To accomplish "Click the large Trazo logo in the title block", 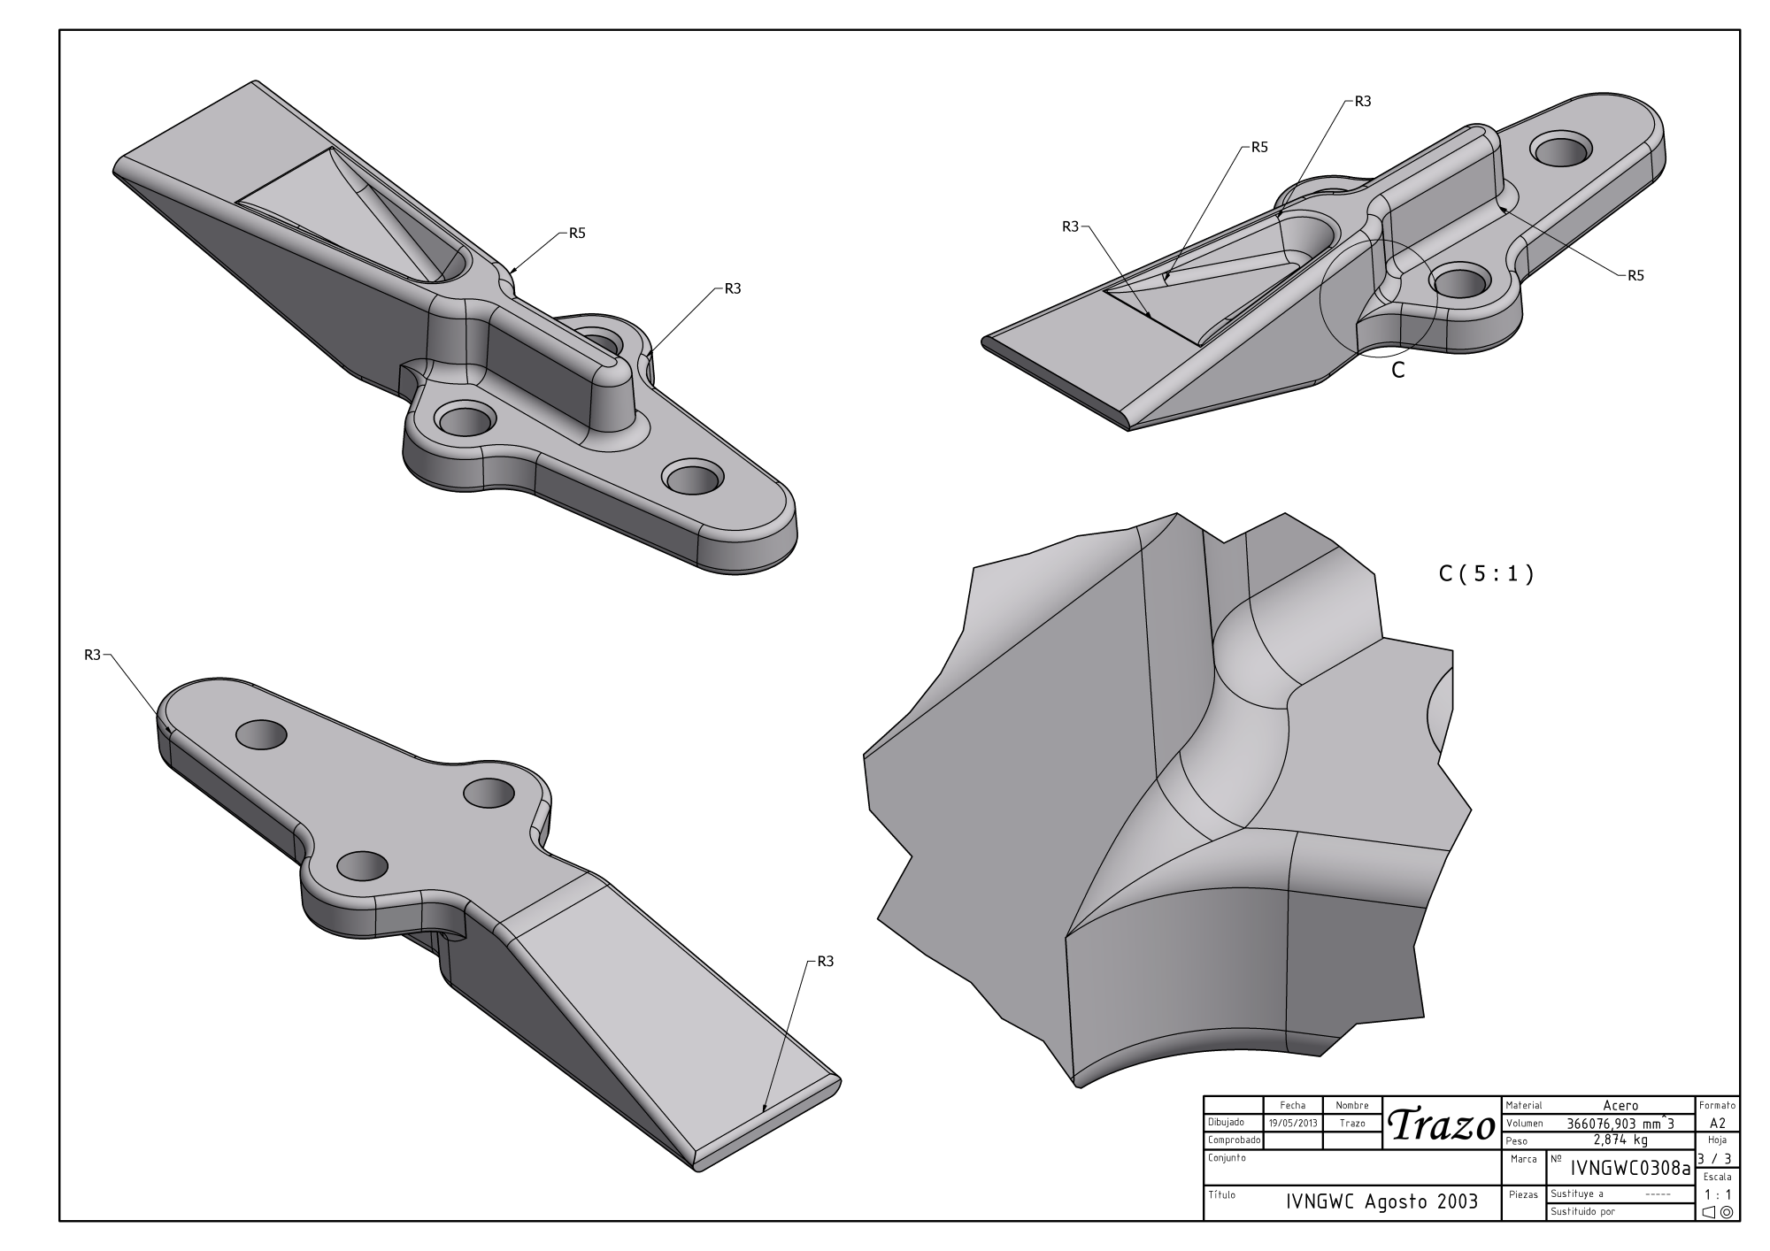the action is pyautogui.click(x=1441, y=1125).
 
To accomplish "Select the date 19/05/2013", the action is pyautogui.click(x=1293, y=1124).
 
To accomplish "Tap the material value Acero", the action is pyautogui.click(x=1620, y=1106).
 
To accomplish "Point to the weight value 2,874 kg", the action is pyautogui.click(x=1620, y=1140).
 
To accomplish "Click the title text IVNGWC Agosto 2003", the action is pyautogui.click(x=1381, y=1201).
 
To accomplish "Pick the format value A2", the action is pyautogui.click(x=1717, y=1124).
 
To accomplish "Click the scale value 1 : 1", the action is pyautogui.click(x=1717, y=1194).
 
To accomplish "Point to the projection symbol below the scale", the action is pyautogui.click(x=1718, y=1212).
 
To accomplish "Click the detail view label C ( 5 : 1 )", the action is pyautogui.click(x=1486, y=574).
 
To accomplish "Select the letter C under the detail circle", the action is pyautogui.click(x=1398, y=371).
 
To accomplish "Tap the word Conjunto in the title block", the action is pyautogui.click(x=1227, y=1158).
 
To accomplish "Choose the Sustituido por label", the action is pyautogui.click(x=1583, y=1212).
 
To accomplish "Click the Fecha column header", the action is pyautogui.click(x=1293, y=1106).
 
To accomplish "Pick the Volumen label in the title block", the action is pyautogui.click(x=1524, y=1124).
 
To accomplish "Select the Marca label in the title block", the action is pyautogui.click(x=1525, y=1158).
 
